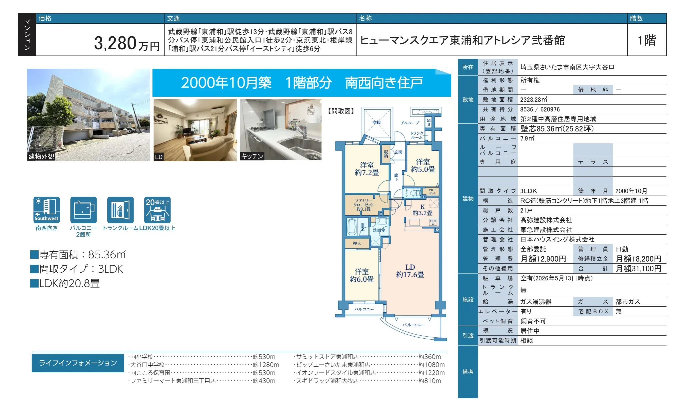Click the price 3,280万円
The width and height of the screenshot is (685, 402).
[127, 43]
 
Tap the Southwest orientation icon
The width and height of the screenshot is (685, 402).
[47, 210]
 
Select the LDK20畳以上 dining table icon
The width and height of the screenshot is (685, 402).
[157, 210]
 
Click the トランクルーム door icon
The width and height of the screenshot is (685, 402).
[120, 210]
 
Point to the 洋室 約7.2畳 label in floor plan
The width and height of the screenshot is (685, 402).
[367, 169]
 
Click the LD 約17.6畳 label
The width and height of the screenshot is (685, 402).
[410, 271]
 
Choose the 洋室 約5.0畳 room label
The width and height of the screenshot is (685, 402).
[423, 166]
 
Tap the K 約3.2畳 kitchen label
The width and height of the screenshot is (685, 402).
[422, 210]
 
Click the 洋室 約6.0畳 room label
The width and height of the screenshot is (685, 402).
[362, 275]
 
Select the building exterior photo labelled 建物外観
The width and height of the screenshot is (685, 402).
[88, 115]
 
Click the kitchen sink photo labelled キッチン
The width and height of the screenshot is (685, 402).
[281, 130]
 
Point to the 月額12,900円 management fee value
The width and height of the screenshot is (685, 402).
[543, 259]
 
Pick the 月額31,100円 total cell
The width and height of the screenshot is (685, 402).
[639, 269]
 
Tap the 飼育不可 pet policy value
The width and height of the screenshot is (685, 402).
[533, 321]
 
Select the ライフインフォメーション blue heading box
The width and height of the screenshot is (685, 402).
[78, 363]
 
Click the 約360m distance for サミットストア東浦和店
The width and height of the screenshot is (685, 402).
[430, 357]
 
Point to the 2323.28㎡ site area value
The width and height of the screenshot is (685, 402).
[534, 100]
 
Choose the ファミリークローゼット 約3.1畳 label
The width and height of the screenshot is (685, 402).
[363, 205]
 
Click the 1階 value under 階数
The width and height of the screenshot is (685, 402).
[647, 40]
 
